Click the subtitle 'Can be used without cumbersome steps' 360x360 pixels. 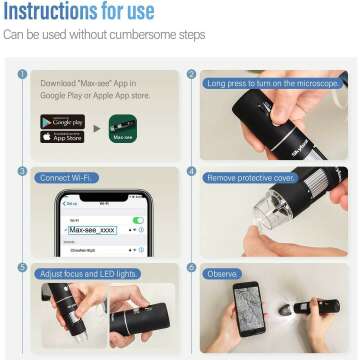click(x=104, y=36)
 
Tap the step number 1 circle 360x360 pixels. click(x=22, y=73)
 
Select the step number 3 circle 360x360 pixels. click(x=22, y=171)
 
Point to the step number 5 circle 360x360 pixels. click(x=22, y=268)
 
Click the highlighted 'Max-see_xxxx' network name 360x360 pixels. click(x=92, y=229)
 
